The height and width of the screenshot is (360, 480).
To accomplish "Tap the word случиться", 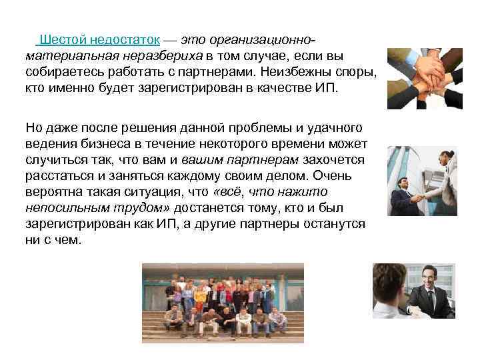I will (54, 160).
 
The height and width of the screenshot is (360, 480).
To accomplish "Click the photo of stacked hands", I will (425, 77).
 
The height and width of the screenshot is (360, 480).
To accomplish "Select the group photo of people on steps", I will (223, 303).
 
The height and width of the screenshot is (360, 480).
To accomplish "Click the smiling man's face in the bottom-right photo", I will (426, 276).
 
